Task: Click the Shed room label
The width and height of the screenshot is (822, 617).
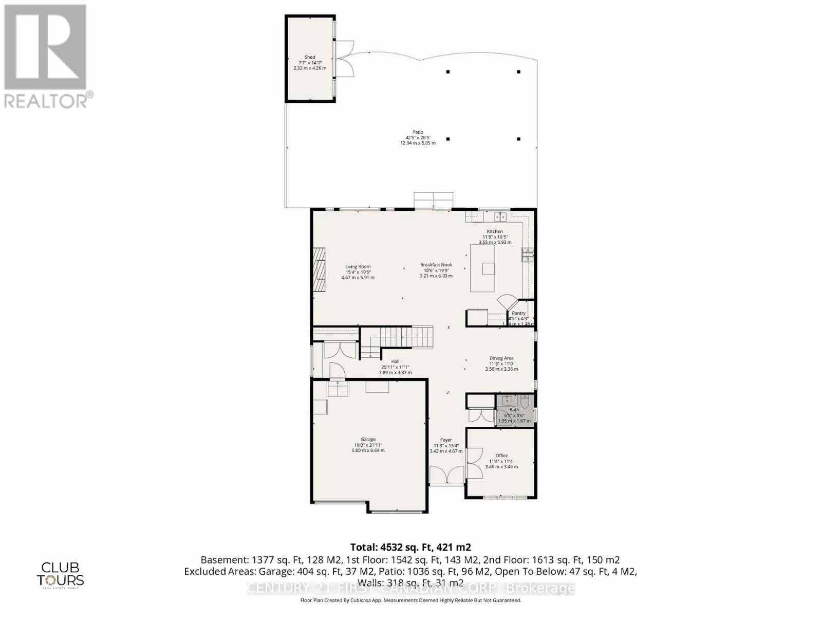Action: point(309,58)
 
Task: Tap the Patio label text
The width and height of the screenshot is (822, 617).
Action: point(418,132)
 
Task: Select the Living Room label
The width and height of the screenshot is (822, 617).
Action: point(358,267)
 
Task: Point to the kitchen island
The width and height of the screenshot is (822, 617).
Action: point(483,268)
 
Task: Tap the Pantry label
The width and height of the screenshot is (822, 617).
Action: point(518,313)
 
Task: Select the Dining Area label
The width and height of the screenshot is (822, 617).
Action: point(501,358)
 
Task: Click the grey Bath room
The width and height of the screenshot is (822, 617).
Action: point(514,410)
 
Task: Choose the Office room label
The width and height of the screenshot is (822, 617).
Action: point(501,456)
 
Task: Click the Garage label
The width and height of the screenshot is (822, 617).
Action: point(368,440)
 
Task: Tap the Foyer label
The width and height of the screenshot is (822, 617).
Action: point(446,440)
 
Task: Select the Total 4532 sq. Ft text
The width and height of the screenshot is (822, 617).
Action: point(410,547)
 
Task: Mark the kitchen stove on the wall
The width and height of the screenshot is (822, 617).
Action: point(528,255)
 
